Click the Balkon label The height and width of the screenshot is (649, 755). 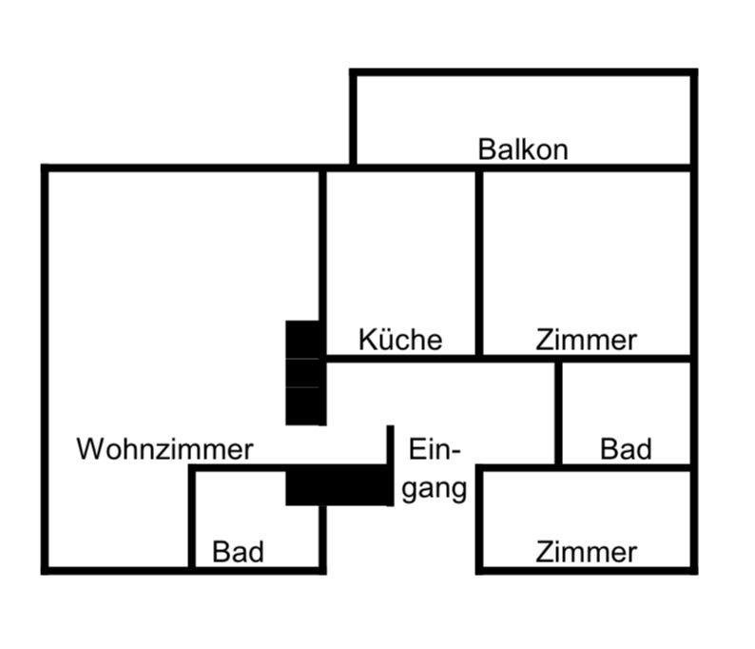pos(522,149)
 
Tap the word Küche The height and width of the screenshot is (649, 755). pos(400,340)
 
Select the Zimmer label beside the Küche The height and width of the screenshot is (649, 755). pos(586,340)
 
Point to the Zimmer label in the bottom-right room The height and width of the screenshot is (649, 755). pos(586,551)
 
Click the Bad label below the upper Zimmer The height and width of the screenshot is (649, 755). pos(626,449)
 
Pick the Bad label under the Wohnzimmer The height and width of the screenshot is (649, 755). pos(238,551)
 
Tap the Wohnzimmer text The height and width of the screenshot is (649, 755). pos(165,449)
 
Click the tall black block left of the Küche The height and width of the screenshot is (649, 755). pos(304,372)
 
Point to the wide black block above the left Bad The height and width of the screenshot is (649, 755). pos(338,485)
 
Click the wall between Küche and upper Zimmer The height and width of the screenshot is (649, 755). pos(478,262)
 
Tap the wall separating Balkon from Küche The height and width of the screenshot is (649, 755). pos(400,168)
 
